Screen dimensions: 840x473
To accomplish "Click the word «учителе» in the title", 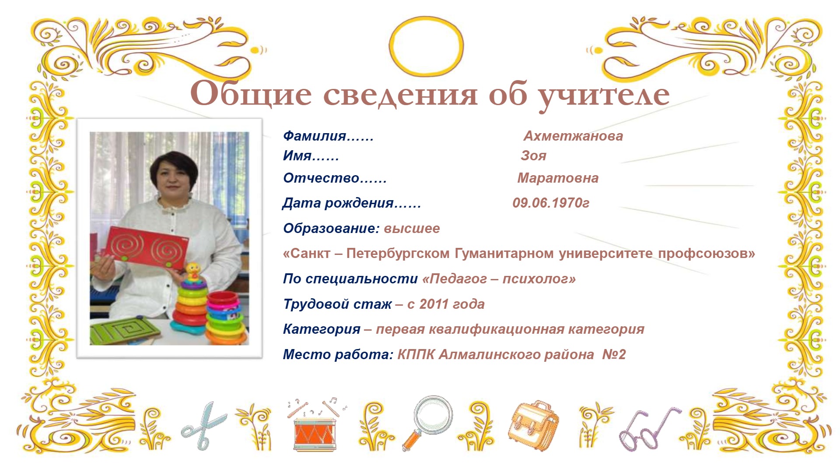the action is pyautogui.click(x=604, y=95).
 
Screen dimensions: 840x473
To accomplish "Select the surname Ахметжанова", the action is pyautogui.click(x=573, y=136).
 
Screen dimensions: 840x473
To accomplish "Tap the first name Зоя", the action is pyautogui.click(x=533, y=155).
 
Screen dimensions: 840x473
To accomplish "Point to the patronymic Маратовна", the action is pyautogui.click(x=558, y=178).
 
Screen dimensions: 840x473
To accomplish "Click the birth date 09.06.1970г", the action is pyautogui.click(x=551, y=203).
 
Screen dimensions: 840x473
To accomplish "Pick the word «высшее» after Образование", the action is pyautogui.click(x=412, y=228).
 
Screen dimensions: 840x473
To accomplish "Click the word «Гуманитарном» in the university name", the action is pyautogui.click(x=504, y=254).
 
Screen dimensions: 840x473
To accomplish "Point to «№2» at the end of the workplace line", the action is pyautogui.click(x=614, y=354).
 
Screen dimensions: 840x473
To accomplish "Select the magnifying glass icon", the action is pyautogui.click(x=427, y=423).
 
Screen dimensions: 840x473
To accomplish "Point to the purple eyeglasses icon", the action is pyautogui.click(x=649, y=430).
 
